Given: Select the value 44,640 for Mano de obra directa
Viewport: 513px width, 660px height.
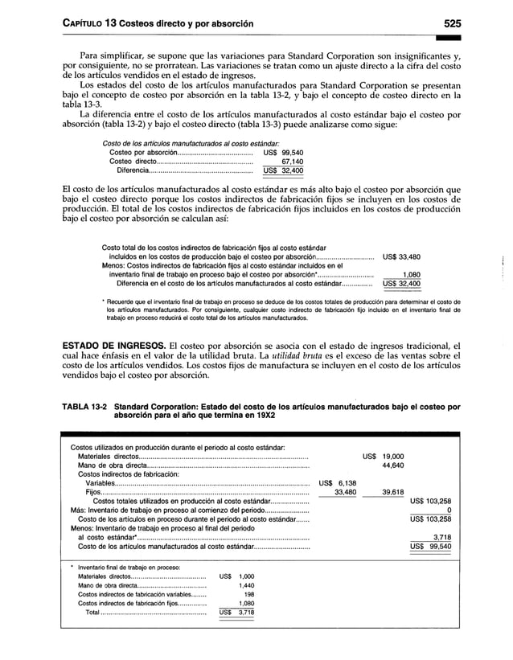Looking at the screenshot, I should point(392,465).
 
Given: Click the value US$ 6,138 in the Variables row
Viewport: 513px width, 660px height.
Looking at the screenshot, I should point(338,483).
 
